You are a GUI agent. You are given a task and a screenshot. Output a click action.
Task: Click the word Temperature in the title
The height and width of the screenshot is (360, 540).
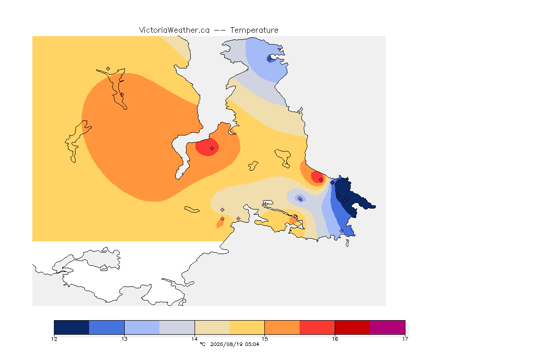click(254, 30)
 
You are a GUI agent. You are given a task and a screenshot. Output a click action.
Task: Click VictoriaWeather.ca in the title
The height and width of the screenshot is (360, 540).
click(174, 30)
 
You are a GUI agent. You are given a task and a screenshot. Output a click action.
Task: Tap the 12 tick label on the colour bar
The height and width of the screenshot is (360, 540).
click(54, 339)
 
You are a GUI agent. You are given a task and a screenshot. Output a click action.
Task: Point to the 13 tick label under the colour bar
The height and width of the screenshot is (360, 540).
click(124, 339)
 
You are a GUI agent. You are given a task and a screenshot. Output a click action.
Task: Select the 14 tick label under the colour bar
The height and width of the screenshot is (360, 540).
click(195, 339)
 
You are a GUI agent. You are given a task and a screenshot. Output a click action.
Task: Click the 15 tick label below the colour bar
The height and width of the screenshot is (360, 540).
click(264, 339)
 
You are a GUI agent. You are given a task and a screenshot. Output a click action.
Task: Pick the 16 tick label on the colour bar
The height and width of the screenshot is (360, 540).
click(335, 339)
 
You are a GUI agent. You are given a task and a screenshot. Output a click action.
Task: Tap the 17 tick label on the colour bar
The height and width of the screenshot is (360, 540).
click(405, 339)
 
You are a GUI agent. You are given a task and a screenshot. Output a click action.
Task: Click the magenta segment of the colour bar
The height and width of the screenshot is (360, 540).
click(388, 327)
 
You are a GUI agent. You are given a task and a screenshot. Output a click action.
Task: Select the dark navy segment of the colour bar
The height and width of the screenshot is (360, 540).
click(72, 327)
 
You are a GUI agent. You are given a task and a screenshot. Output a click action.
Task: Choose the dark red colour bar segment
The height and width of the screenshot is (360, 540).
click(352, 327)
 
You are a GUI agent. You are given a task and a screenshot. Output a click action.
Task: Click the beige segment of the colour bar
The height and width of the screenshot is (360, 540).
click(212, 327)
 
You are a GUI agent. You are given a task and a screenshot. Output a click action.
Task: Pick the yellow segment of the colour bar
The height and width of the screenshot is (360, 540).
click(247, 327)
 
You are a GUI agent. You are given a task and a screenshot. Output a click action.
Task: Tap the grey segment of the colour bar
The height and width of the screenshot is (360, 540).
click(177, 327)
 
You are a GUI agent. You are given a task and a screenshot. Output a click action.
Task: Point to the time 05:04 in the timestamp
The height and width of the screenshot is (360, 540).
click(252, 344)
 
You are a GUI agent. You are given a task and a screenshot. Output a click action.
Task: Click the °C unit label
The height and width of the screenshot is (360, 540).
click(203, 344)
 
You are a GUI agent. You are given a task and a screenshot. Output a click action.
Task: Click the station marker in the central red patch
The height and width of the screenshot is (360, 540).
click(212, 148)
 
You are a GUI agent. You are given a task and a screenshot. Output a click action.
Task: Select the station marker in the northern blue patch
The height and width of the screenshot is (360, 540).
click(269, 59)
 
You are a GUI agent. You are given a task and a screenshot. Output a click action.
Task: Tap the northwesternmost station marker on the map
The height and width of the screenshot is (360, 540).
click(108, 69)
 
